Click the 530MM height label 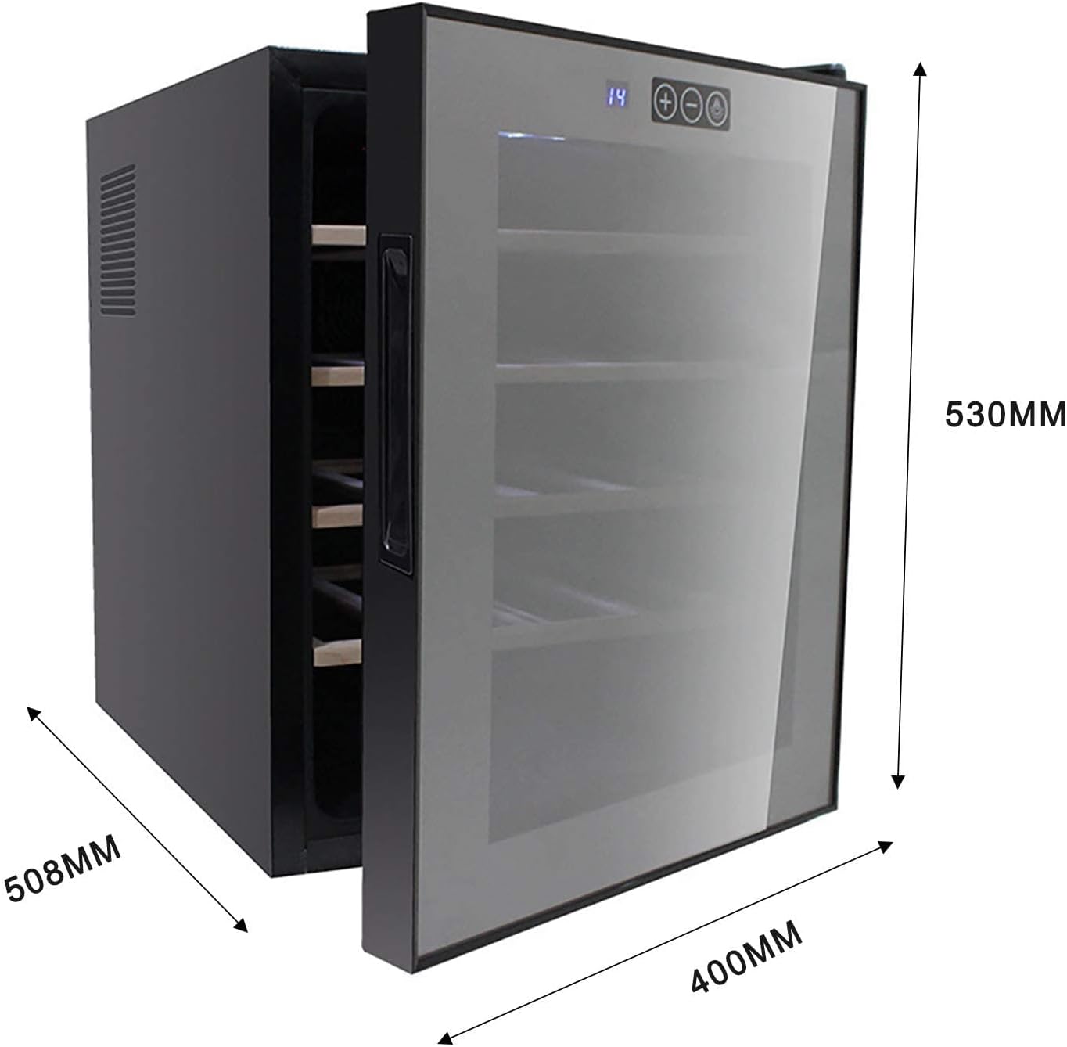(x=1004, y=414)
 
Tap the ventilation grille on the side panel (x=117, y=241)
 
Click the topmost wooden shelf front (x=339, y=235)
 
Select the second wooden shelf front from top (x=338, y=375)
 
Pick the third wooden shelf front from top (x=337, y=515)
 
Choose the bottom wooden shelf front (x=337, y=652)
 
